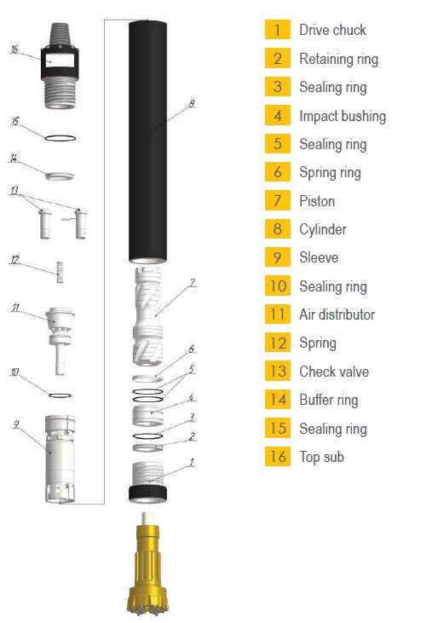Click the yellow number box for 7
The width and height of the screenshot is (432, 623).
coord(278,200)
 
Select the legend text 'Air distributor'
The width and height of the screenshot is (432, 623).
coord(337,314)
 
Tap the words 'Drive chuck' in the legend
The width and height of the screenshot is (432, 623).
coord(333,30)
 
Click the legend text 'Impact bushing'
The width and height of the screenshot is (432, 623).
coord(343,116)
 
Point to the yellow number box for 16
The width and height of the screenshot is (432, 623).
coord(278,456)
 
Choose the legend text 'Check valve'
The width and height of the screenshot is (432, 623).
coord(334,371)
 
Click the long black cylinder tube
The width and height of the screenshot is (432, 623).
coord(147,141)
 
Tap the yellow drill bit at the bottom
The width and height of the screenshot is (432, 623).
coord(147,563)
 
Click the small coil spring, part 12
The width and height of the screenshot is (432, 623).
coord(60,272)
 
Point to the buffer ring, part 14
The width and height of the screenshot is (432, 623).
coord(60,176)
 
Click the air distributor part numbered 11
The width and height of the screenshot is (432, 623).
coord(60,340)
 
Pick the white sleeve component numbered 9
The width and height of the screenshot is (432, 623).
coord(60,459)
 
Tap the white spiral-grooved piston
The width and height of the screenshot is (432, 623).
coord(147,316)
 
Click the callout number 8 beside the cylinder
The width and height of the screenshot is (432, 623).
coord(192,104)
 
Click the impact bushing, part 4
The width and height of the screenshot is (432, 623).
coord(147,416)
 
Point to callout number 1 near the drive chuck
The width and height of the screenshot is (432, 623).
coord(192,463)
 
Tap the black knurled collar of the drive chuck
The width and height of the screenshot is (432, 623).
coord(147,493)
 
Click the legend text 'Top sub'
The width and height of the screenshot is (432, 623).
coord(321,457)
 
